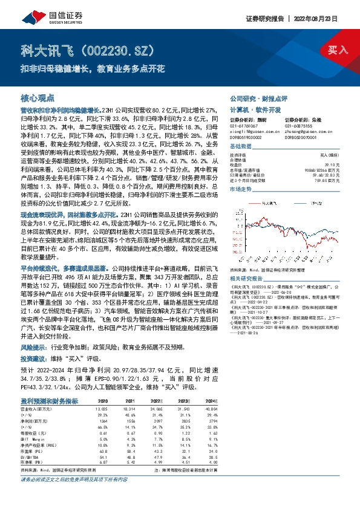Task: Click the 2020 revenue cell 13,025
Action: tap(102, 410)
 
